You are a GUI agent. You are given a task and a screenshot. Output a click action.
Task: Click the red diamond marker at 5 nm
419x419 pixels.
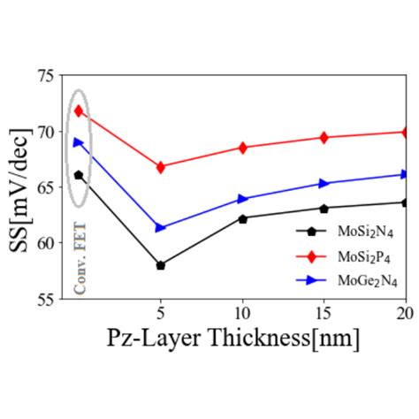[161, 167]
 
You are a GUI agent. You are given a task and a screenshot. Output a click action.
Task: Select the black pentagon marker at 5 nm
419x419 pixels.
[161, 265]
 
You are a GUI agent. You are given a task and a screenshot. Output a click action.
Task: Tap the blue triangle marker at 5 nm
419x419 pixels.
[161, 228]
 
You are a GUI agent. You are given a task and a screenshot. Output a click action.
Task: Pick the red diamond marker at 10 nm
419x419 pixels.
[243, 148]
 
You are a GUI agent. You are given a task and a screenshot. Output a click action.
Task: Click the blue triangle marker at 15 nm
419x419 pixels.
[324, 184]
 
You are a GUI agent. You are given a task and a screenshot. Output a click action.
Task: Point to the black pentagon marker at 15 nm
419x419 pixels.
[324, 209]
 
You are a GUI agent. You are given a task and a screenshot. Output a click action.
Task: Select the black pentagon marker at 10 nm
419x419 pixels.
[243, 218]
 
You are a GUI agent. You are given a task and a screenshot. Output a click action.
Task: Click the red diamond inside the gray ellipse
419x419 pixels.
[79, 111]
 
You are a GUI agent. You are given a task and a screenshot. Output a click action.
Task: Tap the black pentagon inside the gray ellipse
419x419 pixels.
[79, 175]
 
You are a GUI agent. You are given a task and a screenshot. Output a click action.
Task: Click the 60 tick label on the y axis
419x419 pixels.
[45, 242]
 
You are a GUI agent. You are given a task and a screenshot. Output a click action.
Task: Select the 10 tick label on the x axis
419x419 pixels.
[243, 314]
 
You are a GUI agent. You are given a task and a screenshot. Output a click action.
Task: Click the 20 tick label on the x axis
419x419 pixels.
[404, 314]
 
